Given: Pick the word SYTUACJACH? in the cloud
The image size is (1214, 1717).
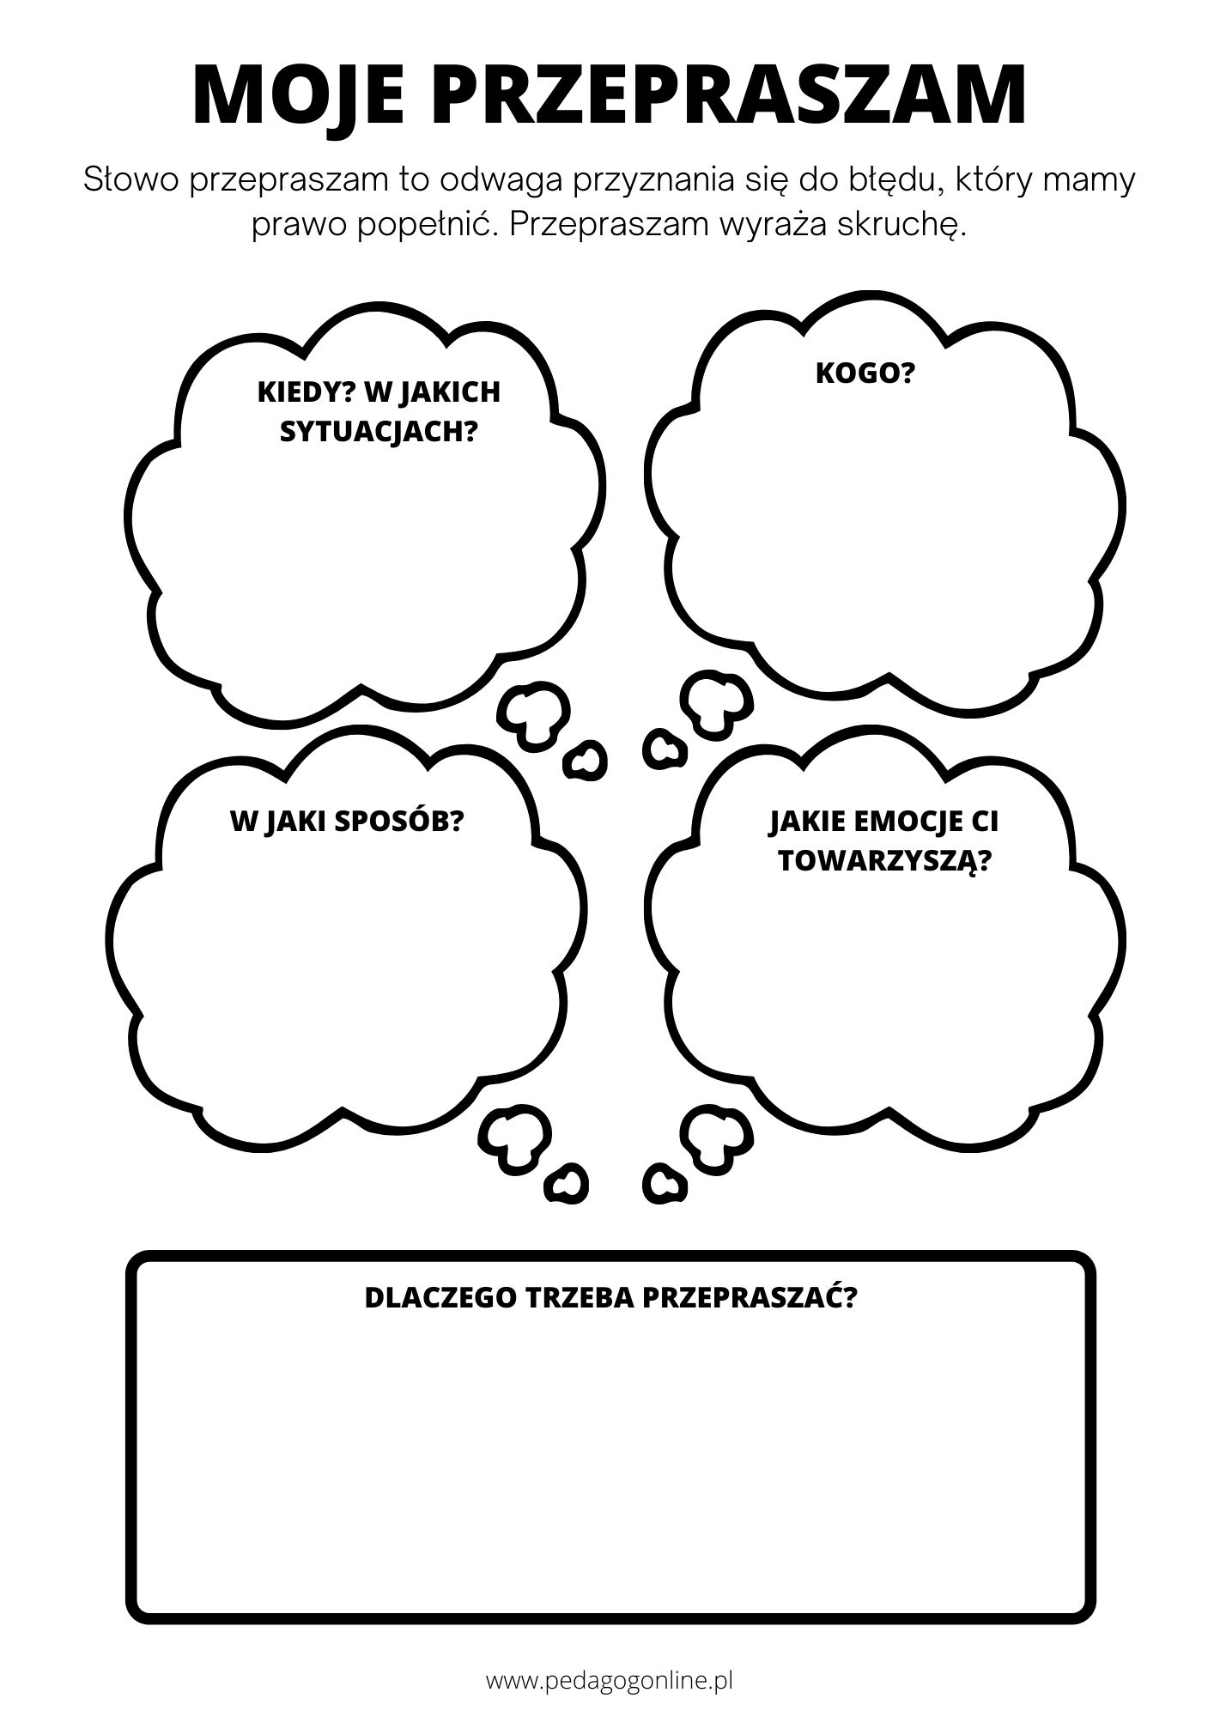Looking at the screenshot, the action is point(379,432).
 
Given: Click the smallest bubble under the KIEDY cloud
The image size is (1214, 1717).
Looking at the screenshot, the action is point(585,759).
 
